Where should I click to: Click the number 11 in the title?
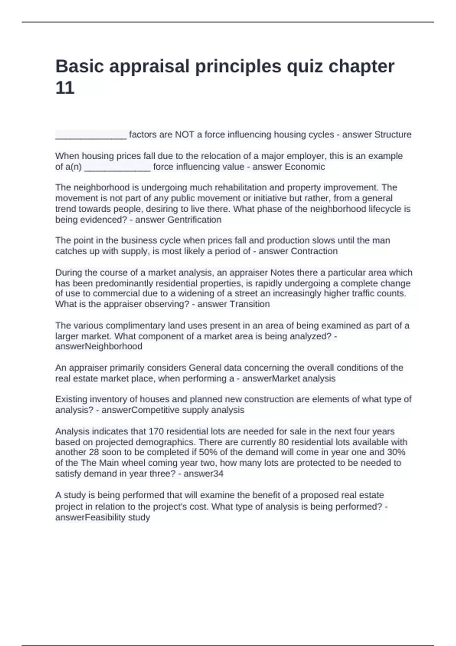click(x=65, y=88)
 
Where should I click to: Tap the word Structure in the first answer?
click(x=393, y=135)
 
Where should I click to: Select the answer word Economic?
click(x=305, y=167)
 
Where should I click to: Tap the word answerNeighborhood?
click(x=99, y=347)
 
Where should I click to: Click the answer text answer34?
click(x=203, y=474)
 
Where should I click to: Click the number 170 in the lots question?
click(x=156, y=431)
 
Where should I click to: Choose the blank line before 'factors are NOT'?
click(x=91, y=136)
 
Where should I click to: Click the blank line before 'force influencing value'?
click(x=117, y=168)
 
